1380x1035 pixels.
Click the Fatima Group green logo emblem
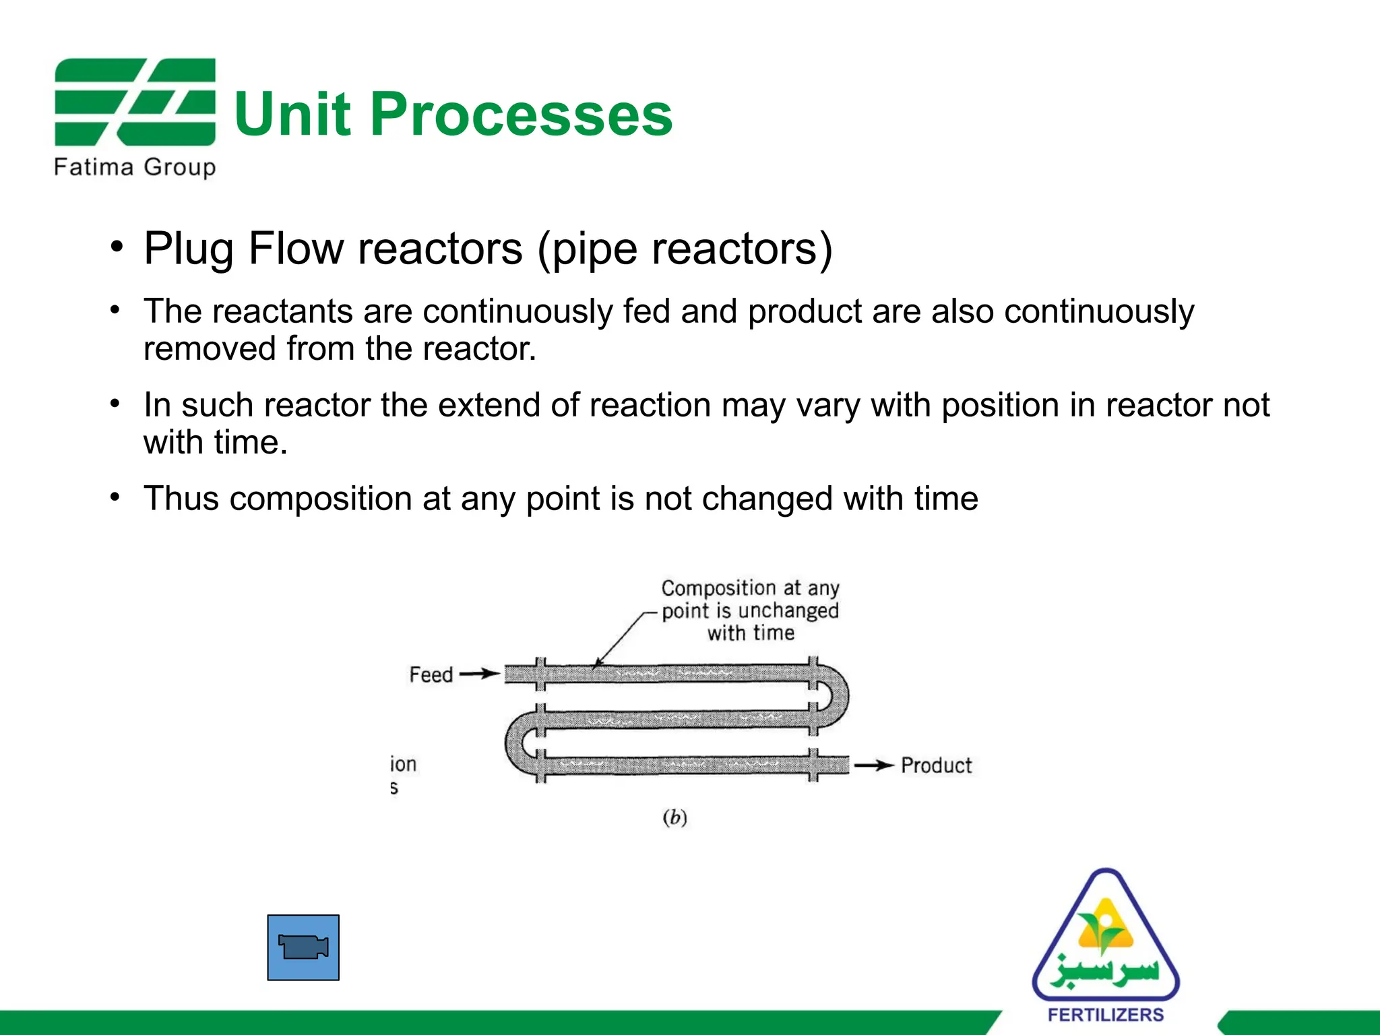[x=135, y=102]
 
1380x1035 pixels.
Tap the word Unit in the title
[x=292, y=115]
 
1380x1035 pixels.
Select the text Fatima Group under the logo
[x=135, y=166]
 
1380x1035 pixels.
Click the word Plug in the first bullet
[x=189, y=249]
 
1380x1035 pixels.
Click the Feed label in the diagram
[x=431, y=675]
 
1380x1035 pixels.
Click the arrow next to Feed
[x=480, y=674]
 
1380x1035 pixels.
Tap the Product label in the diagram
[x=936, y=765]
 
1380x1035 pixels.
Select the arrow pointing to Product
[x=874, y=765]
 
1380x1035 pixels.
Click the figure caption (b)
[x=675, y=817]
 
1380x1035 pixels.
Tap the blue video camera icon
[x=303, y=947]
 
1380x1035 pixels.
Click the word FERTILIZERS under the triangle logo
[x=1105, y=1015]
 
